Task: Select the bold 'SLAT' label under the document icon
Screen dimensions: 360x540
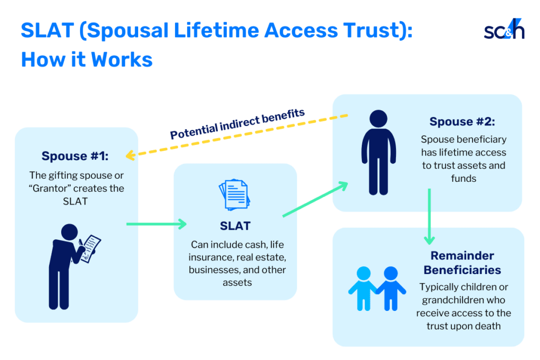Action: [x=235, y=226]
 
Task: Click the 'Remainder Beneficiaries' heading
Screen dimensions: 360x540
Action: [x=462, y=262]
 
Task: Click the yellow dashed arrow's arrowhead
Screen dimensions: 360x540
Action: [x=129, y=155]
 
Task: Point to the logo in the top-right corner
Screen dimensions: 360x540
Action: [x=504, y=31]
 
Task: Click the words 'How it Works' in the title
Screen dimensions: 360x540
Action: [x=86, y=59]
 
